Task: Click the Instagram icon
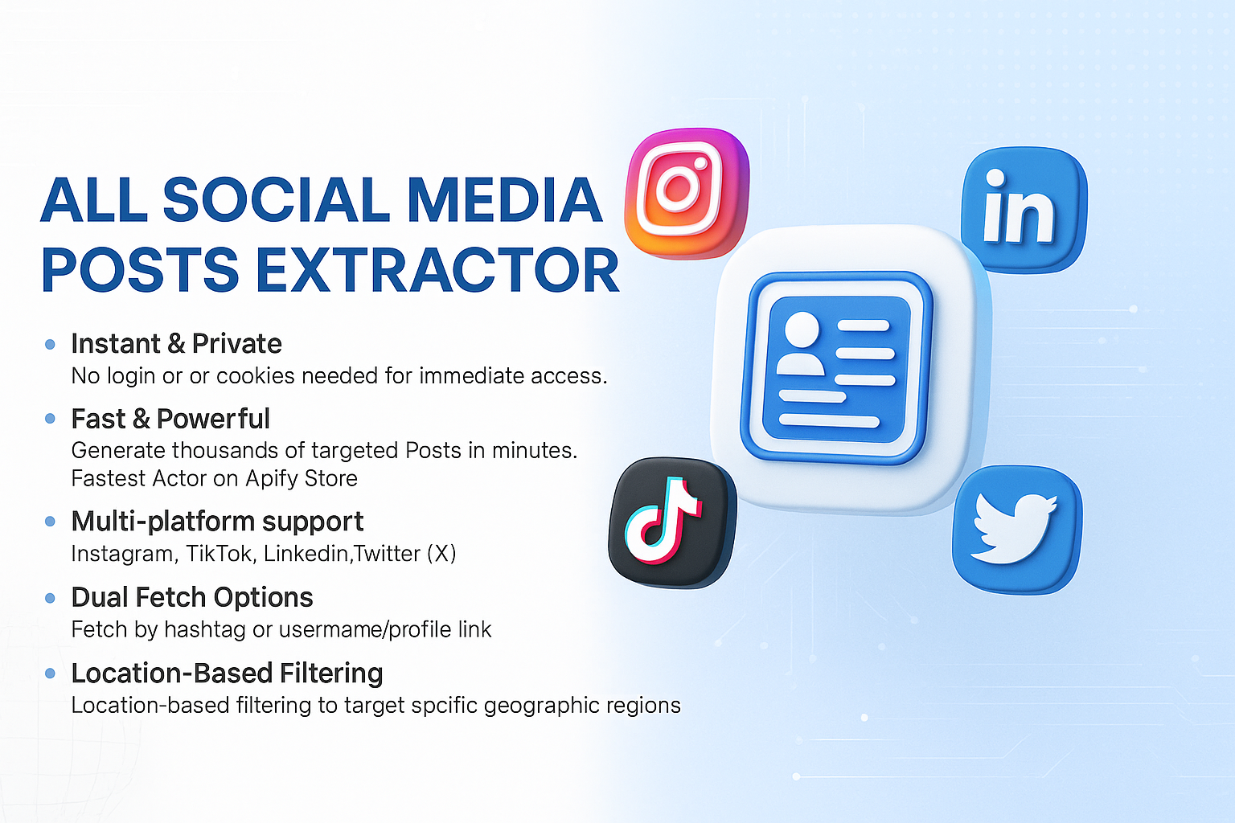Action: point(687,193)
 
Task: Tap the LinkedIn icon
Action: point(1023,209)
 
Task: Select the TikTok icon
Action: point(671,522)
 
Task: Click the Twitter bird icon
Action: point(1016,529)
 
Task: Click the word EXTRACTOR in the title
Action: point(437,270)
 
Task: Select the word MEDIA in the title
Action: point(504,200)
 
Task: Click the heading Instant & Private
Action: point(176,344)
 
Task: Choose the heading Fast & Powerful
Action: point(170,419)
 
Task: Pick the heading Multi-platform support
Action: point(217,522)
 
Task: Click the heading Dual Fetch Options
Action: point(192,597)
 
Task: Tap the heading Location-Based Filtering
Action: point(227,673)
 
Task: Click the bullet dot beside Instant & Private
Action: point(50,345)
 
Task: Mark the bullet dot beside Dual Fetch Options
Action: point(50,598)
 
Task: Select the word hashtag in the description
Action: point(204,629)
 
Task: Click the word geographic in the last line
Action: point(540,706)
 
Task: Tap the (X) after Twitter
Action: point(441,554)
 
